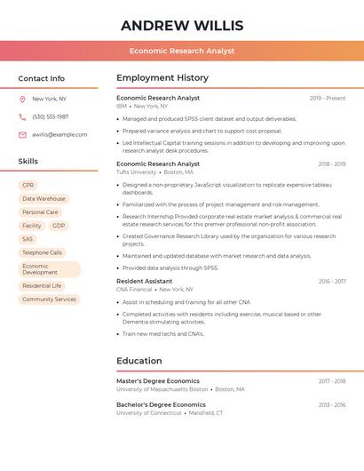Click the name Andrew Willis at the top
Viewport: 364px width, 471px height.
[182, 26]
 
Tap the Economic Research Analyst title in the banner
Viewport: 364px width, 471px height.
[182, 51]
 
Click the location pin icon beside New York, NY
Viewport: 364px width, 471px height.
[22, 100]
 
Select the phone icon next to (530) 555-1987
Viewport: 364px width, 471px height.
[22, 116]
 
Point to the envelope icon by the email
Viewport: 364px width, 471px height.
[22, 134]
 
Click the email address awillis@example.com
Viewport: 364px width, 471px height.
[59, 134]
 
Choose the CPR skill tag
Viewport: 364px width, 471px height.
[28, 186]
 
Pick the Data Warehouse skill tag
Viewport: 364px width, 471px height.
[44, 199]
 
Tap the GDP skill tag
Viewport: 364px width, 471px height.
[59, 226]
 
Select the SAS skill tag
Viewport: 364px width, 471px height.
[28, 239]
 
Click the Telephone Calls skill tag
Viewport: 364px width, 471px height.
[42, 252]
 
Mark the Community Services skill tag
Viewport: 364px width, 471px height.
[49, 299]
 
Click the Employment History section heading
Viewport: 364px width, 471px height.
[162, 78]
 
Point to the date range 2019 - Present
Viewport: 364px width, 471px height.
[328, 98]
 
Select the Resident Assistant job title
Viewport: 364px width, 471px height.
[145, 281]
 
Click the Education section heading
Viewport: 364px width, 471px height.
[139, 361]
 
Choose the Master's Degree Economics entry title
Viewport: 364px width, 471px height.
[158, 380]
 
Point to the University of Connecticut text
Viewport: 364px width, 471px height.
[149, 412]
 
